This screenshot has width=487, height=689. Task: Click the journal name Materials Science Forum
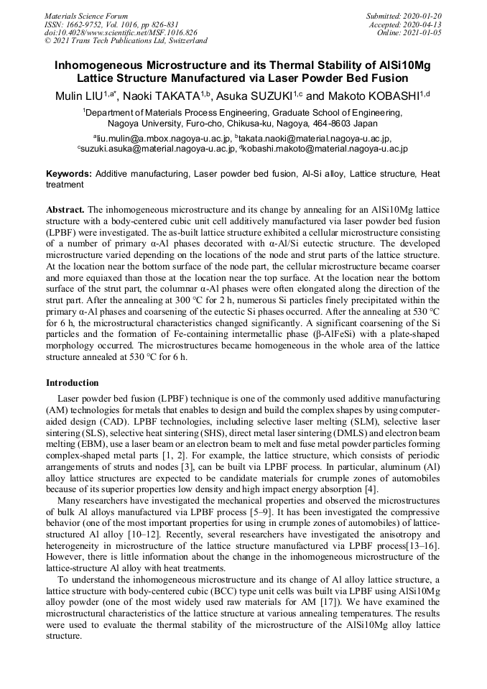[x=86, y=16]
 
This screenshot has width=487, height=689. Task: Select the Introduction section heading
[x=73, y=383]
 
